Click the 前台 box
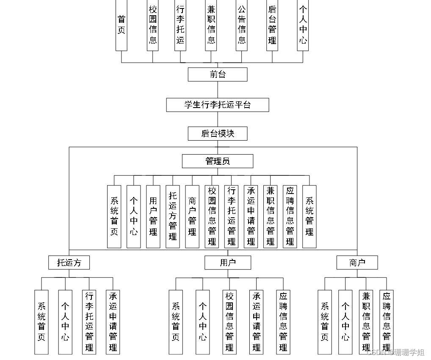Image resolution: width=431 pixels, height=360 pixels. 218,75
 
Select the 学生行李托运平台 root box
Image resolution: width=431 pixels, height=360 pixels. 218,105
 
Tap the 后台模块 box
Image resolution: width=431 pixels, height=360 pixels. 218,134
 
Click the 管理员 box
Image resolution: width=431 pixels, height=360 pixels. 218,161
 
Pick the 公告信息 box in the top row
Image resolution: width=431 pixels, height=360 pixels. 242,25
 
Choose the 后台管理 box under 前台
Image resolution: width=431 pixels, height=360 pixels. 272,25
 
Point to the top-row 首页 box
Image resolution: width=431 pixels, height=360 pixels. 122,25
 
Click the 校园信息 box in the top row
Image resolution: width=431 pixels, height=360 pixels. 153,25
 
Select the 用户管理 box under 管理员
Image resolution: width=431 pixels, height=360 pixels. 153,216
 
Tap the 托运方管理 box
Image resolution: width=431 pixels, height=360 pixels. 172,216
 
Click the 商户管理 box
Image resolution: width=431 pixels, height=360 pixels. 192,216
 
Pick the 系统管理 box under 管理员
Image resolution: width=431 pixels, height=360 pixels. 309,216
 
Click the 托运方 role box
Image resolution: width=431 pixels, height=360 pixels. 69,263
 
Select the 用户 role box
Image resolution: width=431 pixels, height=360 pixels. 228,263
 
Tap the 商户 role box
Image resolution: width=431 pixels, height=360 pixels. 357,263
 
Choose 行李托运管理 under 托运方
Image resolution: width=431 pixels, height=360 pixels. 89,322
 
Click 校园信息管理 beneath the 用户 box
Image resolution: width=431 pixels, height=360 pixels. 229,322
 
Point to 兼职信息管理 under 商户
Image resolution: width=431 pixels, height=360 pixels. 366,322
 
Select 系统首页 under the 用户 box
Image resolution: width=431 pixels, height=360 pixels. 176,322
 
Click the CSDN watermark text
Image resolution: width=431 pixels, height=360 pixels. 395,352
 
